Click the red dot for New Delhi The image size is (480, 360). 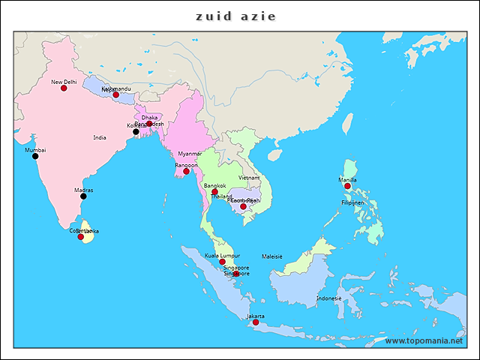pos(64,88)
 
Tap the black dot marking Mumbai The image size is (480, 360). pos(35,156)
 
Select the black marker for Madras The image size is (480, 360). pos(83,196)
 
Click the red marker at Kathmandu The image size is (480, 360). pos(115,95)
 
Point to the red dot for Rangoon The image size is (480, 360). pos(186,172)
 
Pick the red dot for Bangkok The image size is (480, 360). pos(214,192)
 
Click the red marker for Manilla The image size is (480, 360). pos(347,186)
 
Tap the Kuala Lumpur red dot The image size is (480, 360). pos(222,262)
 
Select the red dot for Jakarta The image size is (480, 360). pos(256,322)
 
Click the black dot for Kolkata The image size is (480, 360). pos(136,132)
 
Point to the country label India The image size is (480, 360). pos(100,138)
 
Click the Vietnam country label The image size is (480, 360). pos(249,178)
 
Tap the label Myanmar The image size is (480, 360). pos(190,154)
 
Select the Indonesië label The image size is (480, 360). pos(328,298)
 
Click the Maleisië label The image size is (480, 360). pos(271,256)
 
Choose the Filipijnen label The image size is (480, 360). pos(352,202)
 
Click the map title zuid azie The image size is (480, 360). pos(236,16)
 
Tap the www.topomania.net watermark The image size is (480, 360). pos(424,341)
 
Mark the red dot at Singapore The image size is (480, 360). pos(235,274)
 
